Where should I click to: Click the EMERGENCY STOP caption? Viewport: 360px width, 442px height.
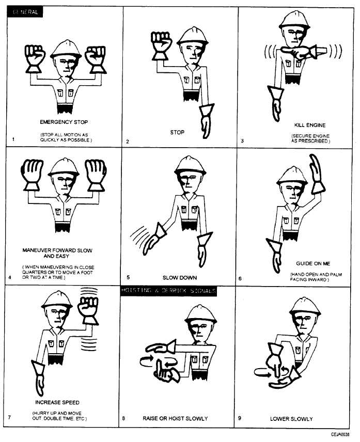pyautogui.click(x=64, y=122)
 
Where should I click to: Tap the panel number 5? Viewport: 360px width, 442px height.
pyautogui.click(x=127, y=277)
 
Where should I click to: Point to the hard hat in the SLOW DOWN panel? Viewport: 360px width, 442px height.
pyautogui.click(x=191, y=165)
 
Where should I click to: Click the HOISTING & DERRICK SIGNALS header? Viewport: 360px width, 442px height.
pyautogui.click(x=168, y=291)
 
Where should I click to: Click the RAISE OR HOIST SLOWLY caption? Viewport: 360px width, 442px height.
pyautogui.click(x=175, y=419)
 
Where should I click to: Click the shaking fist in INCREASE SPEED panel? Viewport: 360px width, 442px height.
pyautogui.click(x=88, y=310)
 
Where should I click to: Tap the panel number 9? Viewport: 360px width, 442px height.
pyautogui.click(x=240, y=418)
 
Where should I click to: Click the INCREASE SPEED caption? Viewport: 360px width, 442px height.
pyautogui.click(x=57, y=402)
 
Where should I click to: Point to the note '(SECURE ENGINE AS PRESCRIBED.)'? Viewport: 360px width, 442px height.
pyautogui.click(x=309, y=138)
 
